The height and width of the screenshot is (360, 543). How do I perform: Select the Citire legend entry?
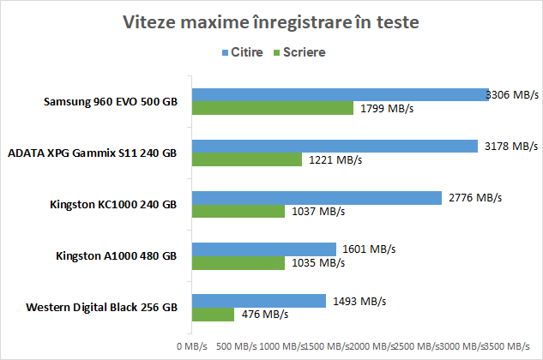coord(245,52)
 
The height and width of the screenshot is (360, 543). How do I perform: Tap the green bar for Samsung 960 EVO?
coord(273,108)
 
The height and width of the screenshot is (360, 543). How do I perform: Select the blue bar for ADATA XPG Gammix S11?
coord(335,147)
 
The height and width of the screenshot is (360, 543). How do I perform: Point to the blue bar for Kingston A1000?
coord(263,249)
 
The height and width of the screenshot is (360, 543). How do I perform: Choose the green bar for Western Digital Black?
coord(213,314)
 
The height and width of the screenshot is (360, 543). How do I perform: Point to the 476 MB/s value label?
coord(263,315)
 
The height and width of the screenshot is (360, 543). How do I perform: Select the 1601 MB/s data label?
coord(368,249)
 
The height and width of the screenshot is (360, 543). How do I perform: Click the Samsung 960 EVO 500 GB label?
coord(111,102)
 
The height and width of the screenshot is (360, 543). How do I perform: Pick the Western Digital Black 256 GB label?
coord(101,307)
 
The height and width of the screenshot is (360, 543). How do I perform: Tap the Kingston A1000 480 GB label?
coord(117,255)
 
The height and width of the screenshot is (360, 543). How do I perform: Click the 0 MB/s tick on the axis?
coord(191,346)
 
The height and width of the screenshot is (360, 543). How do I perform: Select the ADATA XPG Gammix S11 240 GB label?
coord(92,153)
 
